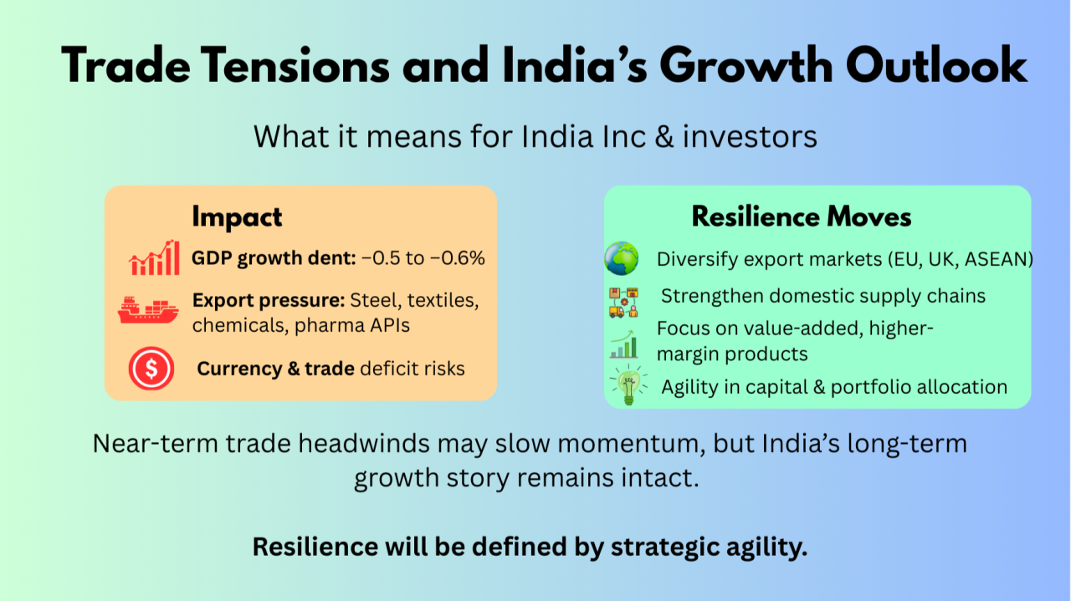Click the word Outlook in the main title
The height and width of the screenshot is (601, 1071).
point(936,66)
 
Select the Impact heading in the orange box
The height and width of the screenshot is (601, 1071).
point(237,217)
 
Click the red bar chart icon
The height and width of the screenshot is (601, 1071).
point(154,257)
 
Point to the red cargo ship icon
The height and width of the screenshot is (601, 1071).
point(148,310)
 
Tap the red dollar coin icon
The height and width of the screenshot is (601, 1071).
point(151,369)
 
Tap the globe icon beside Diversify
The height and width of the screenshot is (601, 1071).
point(621,258)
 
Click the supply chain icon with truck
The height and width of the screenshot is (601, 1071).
point(624,303)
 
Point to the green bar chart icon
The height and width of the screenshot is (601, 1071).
point(624,344)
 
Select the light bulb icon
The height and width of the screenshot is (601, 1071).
point(628,385)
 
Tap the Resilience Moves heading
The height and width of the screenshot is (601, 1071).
point(802,216)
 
